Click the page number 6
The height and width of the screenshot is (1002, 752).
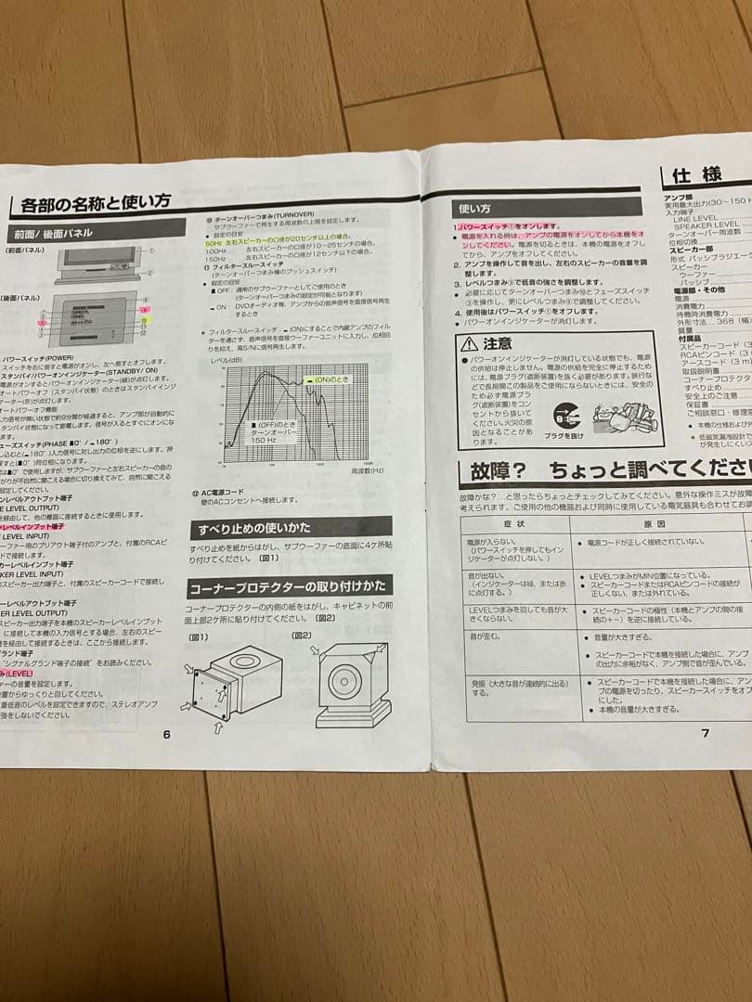tap(167, 734)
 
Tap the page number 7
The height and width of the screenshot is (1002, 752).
tap(705, 732)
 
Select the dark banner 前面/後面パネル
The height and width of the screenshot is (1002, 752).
tap(56, 233)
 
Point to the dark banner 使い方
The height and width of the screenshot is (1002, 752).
tap(473, 210)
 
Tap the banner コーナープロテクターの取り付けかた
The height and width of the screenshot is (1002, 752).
tap(289, 587)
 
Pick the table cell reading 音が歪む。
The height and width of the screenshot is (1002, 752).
tap(486, 636)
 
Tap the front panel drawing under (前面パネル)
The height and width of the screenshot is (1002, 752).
tap(97, 263)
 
